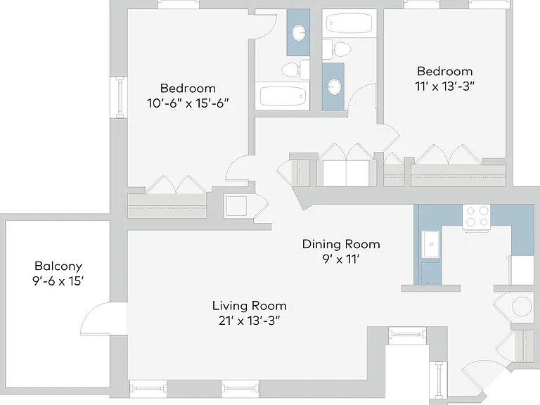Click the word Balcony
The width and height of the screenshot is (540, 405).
(x=58, y=266)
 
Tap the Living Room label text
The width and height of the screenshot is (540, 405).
(x=250, y=306)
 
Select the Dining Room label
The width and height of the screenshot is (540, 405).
(x=341, y=244)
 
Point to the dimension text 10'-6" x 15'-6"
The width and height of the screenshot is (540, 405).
(x=188, y=103)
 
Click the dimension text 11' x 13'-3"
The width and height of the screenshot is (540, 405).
(x=444, y=86)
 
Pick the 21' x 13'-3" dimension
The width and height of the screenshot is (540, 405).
(x=250, y=321)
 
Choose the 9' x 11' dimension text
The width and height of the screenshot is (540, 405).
(x=341, y=259)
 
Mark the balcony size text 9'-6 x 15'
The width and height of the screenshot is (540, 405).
(x=58, y=281)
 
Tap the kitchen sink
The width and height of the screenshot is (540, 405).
(x=431, y=245)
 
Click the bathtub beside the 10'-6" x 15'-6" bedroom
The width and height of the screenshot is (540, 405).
(x=283, y=96)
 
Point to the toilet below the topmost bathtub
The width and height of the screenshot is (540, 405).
(x=337, y=49)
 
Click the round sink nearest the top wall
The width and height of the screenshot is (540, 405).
(x=300, y=33)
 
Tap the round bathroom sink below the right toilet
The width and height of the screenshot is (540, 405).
(x=334, y=86)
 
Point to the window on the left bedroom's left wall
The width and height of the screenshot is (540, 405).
(x=119, y=98)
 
